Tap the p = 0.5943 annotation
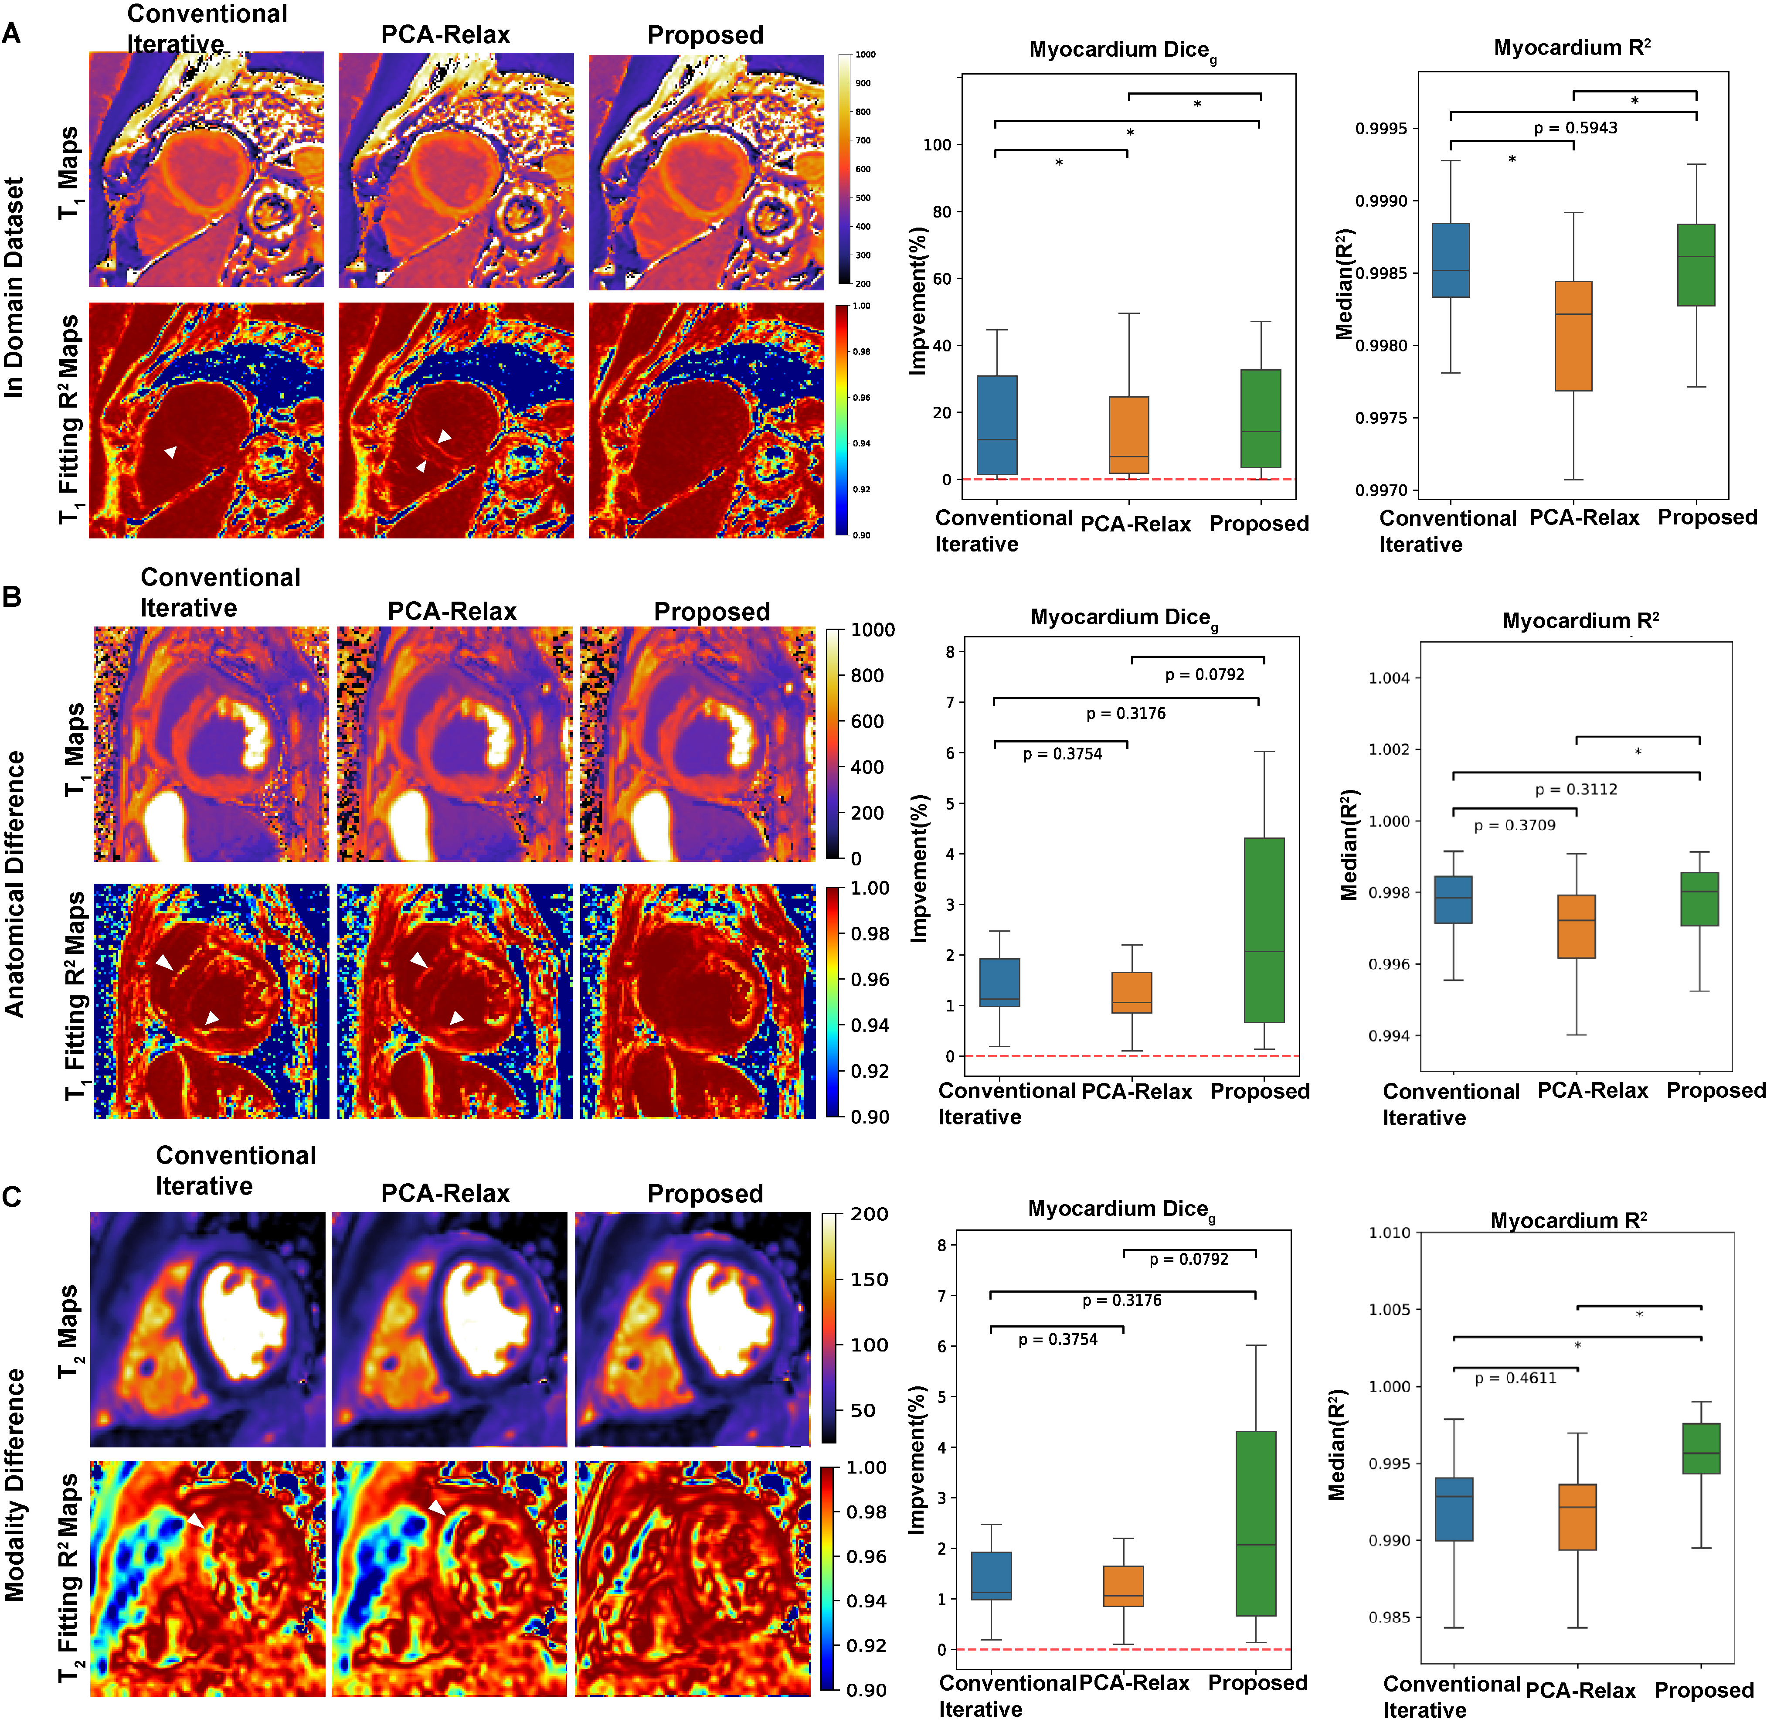tap(1575, 128)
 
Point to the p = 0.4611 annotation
tap(1515, 1378)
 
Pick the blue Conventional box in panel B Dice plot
tap(1000, 982)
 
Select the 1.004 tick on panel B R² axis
tap(1388, 678)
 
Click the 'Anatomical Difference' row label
tap(14, 884)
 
